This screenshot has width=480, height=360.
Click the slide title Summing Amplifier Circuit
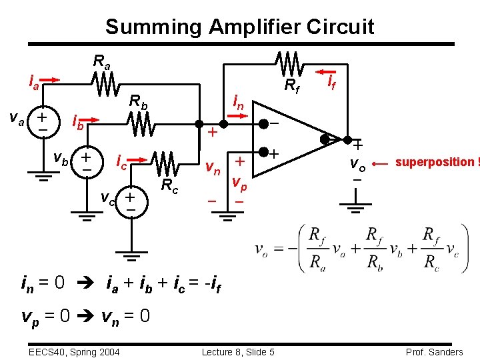(239, 27)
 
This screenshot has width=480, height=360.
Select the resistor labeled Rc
(163, 162)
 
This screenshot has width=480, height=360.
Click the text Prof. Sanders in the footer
(433, 351)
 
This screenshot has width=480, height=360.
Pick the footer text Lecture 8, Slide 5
(238, 351)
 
